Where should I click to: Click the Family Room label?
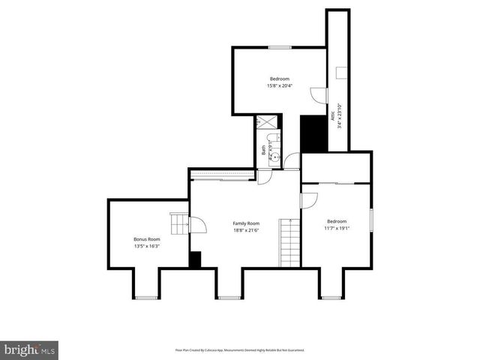point(246,223)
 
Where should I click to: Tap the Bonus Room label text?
point(147,239)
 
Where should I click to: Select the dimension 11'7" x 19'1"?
point(337,228)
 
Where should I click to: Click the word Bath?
point(263,150)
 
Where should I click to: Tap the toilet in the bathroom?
point(274,139)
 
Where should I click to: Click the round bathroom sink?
point(275,157)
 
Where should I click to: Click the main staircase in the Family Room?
point(289,242)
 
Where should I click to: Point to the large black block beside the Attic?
point(311,133)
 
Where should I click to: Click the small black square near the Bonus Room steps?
point(195,259)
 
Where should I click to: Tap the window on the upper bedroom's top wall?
point(280,47)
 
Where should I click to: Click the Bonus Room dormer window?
point(146,298)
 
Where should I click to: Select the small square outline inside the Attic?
point(341,72)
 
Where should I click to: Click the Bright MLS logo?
point(30,349)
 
